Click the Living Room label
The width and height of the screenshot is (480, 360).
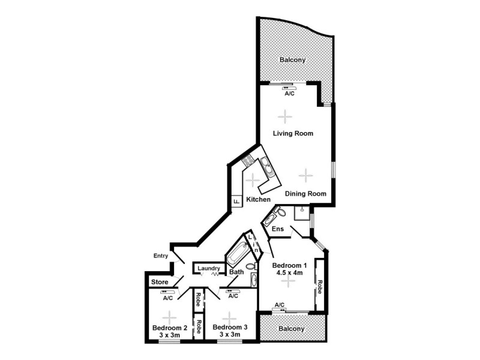pyautogui.click(x=293, y=133)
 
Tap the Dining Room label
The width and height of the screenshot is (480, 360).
pyautogui.click(x=305, y=193)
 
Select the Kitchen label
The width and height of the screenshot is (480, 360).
pyautogui.click(x=258, y=199)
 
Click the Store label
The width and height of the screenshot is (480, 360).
pyautogui.click(x=159, y=281)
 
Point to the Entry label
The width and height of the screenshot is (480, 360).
pyautogui.click(x=161, y=256)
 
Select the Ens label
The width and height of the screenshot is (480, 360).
pyautogui.click(x=278, y=229)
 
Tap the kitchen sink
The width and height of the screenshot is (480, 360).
pyautogui.click(x=267, y=167)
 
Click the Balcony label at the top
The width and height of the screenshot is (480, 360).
pyautogui.click(x=293, y=59)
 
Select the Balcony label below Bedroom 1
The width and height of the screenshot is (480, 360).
pyautogui.click(x=292, y=329)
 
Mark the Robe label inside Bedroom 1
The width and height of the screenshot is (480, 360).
pyautogui.click(x=320, y=286)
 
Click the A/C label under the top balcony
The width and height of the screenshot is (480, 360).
pyautogui.click(x=289, y=94)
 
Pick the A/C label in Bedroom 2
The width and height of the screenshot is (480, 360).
pyautogui.click(x=168, y=298)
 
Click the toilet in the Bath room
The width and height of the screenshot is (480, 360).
pyautogui.click(x=251, y=266)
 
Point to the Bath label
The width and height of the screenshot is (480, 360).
pyautogui.click(x=236, y=272)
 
